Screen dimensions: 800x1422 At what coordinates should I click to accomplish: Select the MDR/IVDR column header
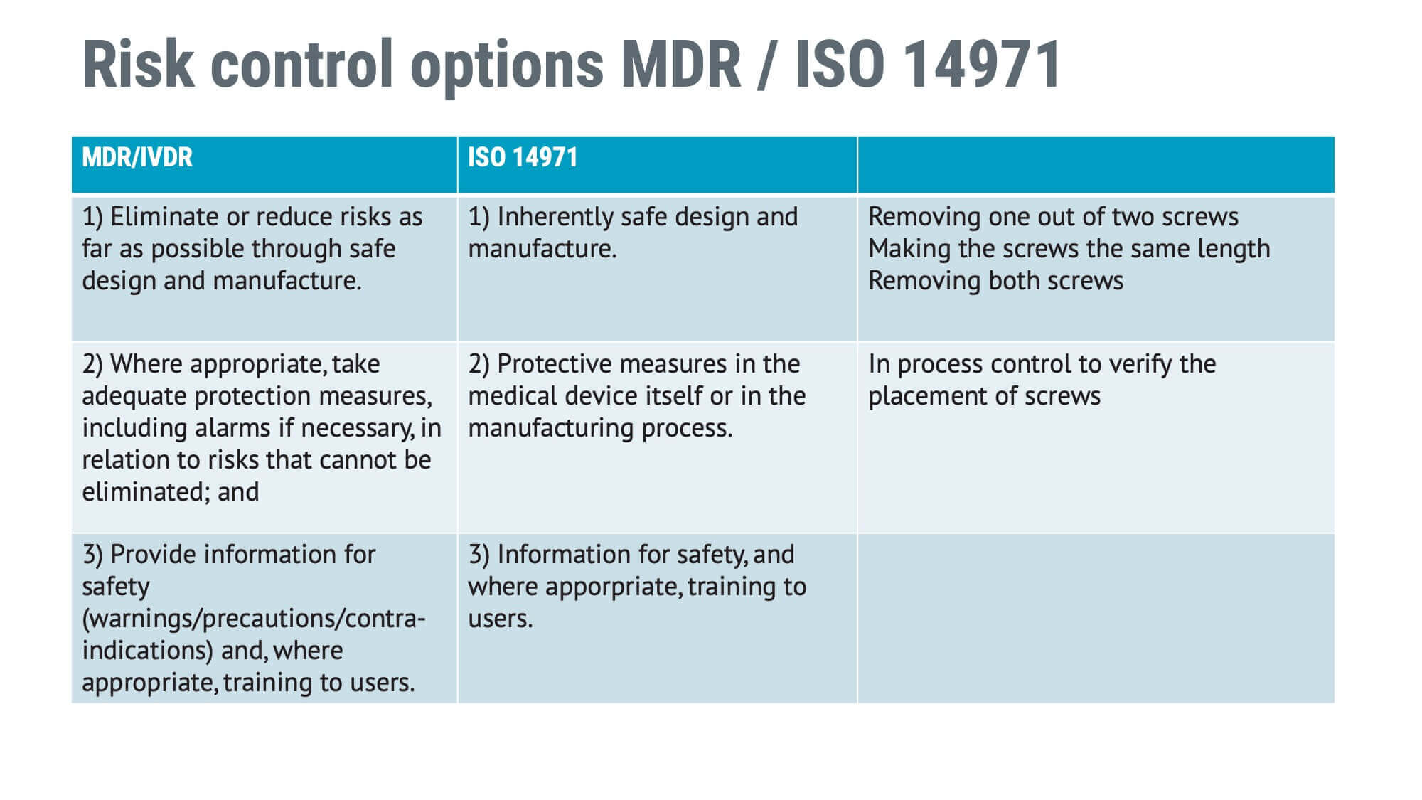point(137,157)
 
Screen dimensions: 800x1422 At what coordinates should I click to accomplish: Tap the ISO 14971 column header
point(523,157)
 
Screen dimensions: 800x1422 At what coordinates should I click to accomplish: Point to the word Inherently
point(555,216)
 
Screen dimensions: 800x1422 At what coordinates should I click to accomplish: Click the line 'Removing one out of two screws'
point(1053,216)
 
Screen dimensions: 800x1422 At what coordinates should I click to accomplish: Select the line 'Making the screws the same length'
point(1069,248)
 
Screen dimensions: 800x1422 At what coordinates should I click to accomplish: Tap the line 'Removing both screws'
point(995,280)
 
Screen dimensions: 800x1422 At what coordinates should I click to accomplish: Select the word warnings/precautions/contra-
point(254,618)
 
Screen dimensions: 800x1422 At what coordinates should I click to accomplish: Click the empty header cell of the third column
point(1096,164)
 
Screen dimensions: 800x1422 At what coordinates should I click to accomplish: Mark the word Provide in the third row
point(156,554)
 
